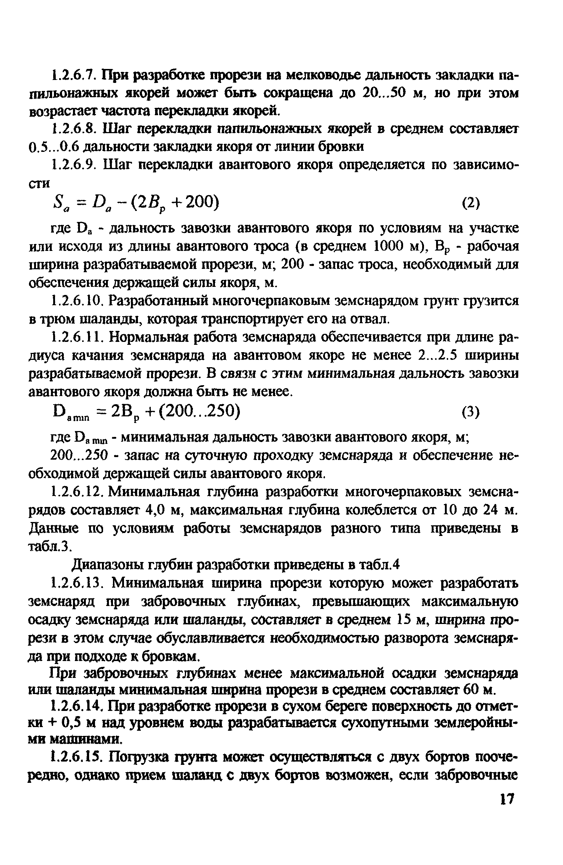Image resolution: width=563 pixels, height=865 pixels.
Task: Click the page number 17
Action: click(x=506, y=819)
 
